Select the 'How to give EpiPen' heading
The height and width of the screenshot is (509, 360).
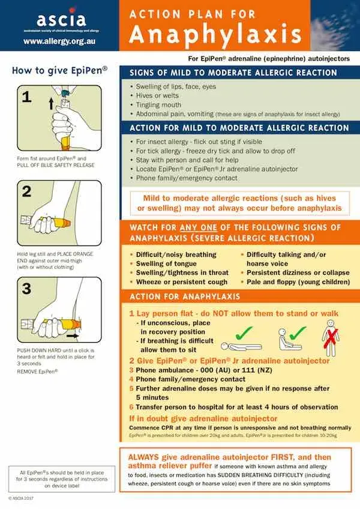click(x=60, y=70)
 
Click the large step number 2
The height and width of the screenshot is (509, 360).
click(x=26, y=192)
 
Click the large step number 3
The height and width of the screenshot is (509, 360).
click(x=26, y=288)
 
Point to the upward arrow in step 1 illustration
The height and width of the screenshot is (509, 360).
click(x=50, y=103)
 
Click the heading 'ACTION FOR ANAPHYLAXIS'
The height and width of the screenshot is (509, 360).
click(x=185, y=297)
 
